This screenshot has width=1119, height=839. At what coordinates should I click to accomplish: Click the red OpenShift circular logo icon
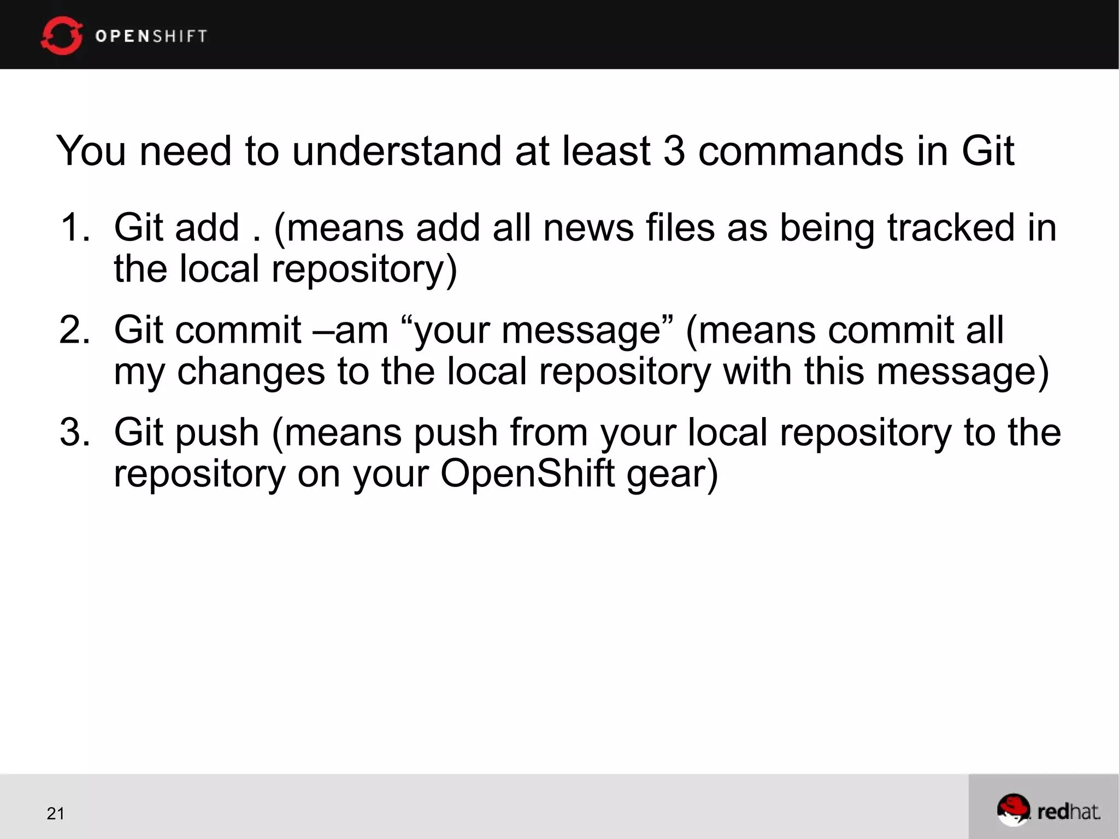[x=61, y=36]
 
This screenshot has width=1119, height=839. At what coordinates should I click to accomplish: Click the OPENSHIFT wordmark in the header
[x=151, y=36]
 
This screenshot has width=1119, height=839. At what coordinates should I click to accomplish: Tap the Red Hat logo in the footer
[x=1048, y=810]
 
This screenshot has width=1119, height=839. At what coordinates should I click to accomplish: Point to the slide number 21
[x=56, y=813]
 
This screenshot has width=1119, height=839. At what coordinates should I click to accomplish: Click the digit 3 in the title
[x=674, y=151]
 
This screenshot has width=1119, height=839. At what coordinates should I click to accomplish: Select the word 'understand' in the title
[x=396, y=151]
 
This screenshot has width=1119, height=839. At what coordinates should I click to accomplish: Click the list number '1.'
[x=74, y=227]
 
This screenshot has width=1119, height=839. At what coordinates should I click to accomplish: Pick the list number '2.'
[x=74, y=330]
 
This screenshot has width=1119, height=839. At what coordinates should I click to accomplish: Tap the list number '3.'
[x=74, y=432]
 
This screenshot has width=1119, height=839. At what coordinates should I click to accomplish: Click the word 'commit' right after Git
[x=238, y=330]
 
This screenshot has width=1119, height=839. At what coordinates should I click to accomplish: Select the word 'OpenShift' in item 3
[x=527, y=474]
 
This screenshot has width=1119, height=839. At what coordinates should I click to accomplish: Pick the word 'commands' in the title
[x=800, y=151]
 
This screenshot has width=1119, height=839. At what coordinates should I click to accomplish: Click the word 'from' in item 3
[x=549, y=432]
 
